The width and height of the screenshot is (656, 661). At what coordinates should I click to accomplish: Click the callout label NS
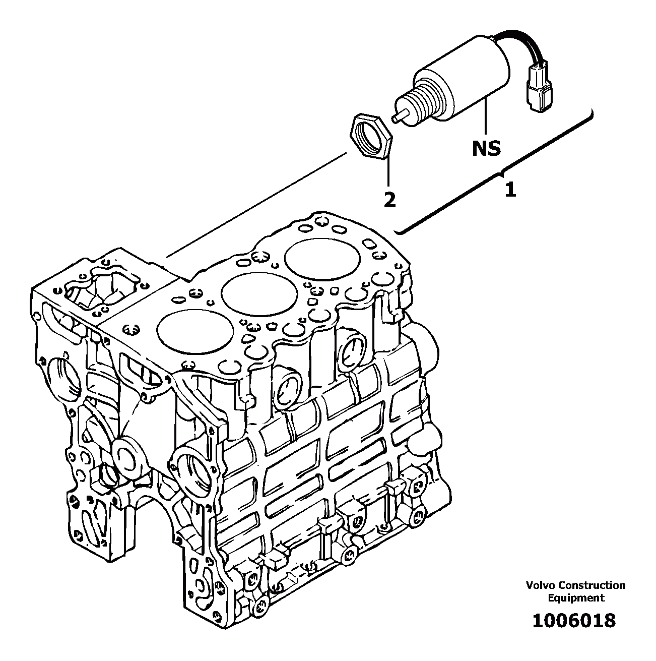pos(486,148)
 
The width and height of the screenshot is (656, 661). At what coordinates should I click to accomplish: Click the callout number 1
pos(510,190)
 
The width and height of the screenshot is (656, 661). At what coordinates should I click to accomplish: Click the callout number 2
pos(389,200)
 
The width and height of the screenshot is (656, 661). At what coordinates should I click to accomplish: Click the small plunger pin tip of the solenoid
pos(398,116)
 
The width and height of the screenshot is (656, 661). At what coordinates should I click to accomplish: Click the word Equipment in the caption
pos(576,598)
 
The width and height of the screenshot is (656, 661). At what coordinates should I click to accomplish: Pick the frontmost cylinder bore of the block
pos(195,332)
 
